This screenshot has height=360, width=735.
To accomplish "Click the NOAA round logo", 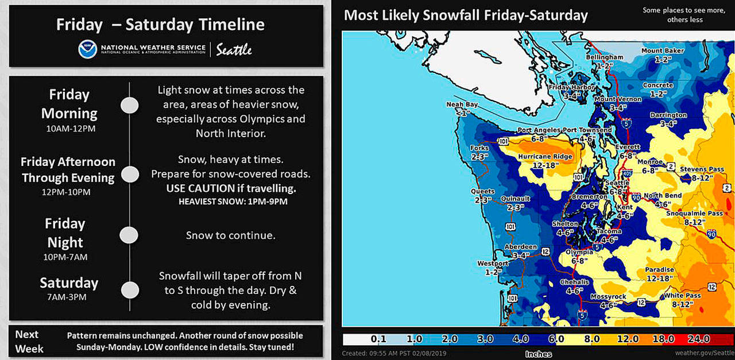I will pos(87,49).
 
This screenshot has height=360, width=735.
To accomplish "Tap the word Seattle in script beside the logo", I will pos(234,50).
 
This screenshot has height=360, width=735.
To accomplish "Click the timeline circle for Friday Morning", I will pos(130,105).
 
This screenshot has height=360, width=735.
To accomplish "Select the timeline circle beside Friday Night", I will pos(129,235).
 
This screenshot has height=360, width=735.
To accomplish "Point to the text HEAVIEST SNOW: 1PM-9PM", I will pos(233,202).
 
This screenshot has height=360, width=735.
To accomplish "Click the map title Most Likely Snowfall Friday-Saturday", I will pos(466,15).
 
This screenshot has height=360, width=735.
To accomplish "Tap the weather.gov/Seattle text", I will pos(704,353).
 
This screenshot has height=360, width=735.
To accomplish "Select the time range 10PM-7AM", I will pos(65,257).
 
